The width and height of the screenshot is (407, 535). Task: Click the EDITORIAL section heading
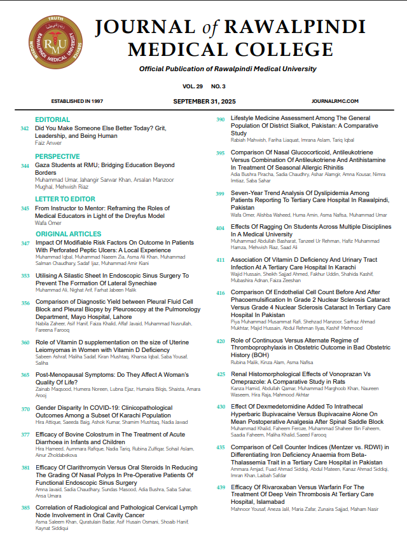[53, 119]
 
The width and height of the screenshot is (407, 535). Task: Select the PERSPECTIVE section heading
[57, 156]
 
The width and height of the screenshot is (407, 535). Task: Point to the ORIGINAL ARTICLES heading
[69, 234]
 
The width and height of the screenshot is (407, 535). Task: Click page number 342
[25, 128]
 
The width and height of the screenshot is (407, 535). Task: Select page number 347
[25, 243]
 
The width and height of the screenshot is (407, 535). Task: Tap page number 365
[25, 376]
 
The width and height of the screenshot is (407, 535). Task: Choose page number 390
[220, 119]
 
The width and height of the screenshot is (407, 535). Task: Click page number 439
[221, 487]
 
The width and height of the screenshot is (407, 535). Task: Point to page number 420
[220, 341]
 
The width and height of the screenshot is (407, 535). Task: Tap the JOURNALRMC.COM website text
[336, 101]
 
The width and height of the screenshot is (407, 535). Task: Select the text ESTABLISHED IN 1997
[76, 101]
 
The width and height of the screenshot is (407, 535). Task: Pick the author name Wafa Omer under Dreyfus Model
[48, 224]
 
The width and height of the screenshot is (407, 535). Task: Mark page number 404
[220, 227]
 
